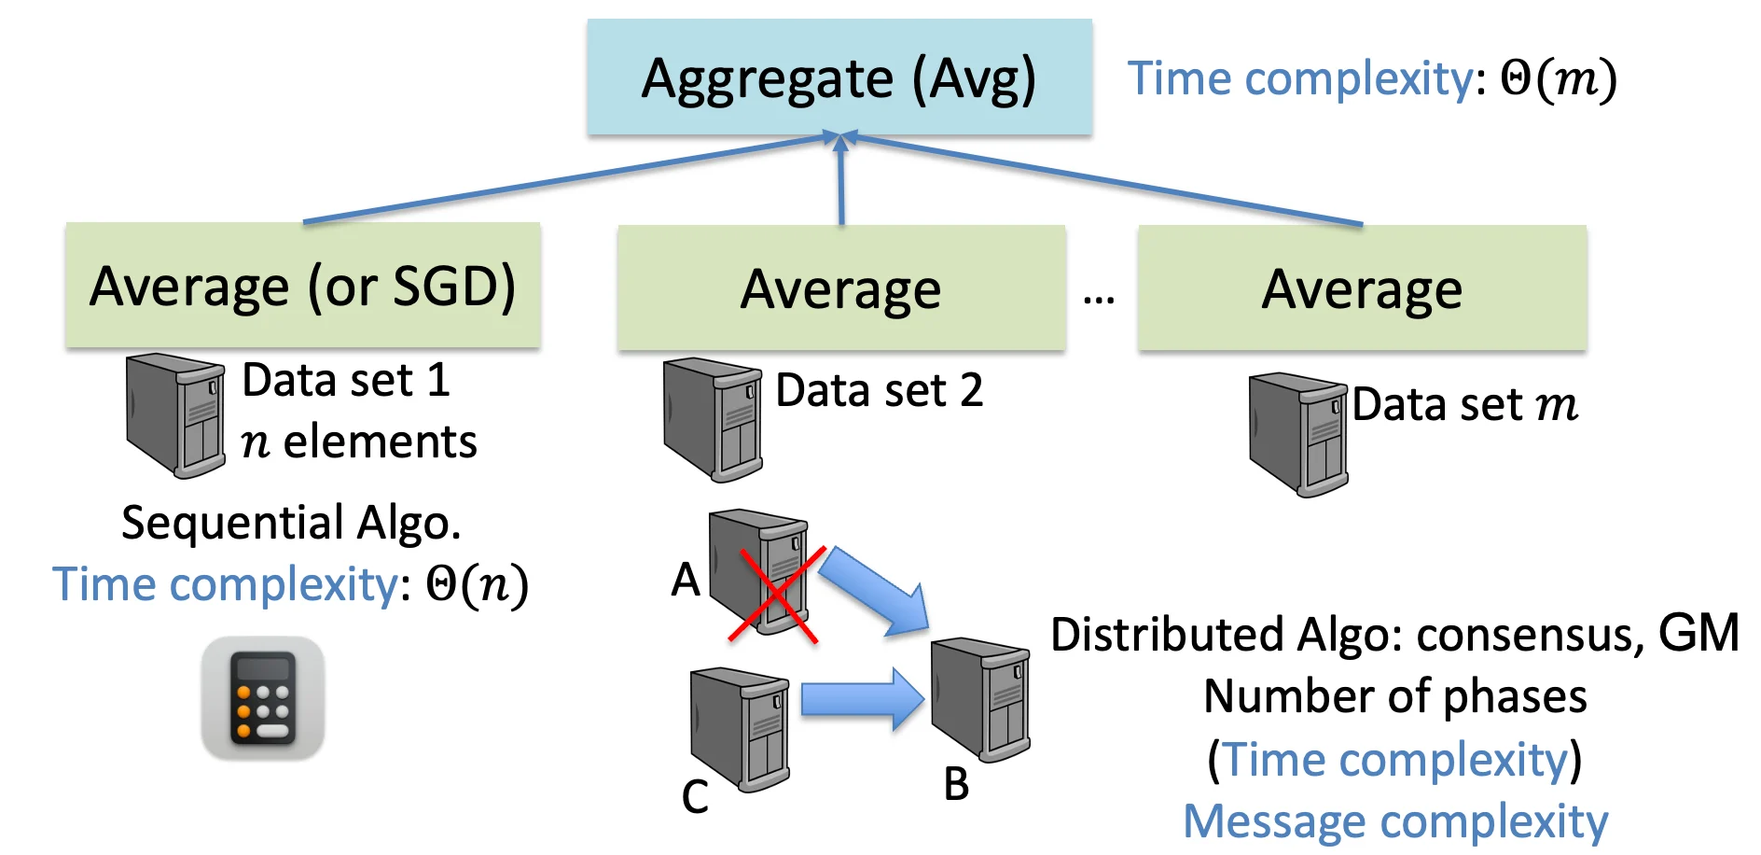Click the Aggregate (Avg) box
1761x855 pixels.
pyautogui.click(x=839, y=77)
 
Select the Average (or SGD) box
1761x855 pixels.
pyautogui.click(x=302, y=285)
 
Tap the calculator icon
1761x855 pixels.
pyautogui.click(x=263, y=697)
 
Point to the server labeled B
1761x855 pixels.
pyautogui.click(x=981, y=698)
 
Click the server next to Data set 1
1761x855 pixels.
pyautogui.click(x=176, y=414)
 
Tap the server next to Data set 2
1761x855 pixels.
pyautogui.click(x=713, y=419)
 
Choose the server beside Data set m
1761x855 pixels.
pyautogui.click(x=1298, y=434)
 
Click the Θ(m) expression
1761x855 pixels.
pyautogui.click(x=1558, y=78)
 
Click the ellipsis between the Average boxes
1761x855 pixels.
pyautogui.click(x=1099, y=300)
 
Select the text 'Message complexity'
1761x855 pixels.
pyautogui.click(x=1395, y=821)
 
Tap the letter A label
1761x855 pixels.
pyautogui.click(x=686, y=580)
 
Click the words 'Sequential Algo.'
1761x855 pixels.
pyautogui.click(x=291, y=522)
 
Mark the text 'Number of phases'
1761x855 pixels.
pyautogui.click(x=1395, y=696)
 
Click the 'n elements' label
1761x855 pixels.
pyautogui.click(x=359, y=442)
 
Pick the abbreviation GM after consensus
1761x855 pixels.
pyautogui.click(x=1698, y=633)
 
